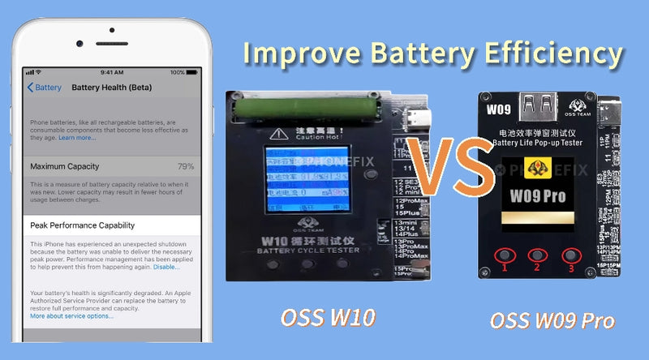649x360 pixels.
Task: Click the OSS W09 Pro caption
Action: pos(552,319)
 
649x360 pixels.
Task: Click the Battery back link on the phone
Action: pos(45,87)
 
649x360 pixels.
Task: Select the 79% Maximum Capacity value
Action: pos(185,166)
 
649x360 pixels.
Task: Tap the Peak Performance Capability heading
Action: pos(82,225)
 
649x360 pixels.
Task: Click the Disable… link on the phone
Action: pos(166,266)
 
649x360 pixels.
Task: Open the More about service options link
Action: pos(71,315)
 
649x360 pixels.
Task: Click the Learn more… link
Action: pos(76,137)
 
